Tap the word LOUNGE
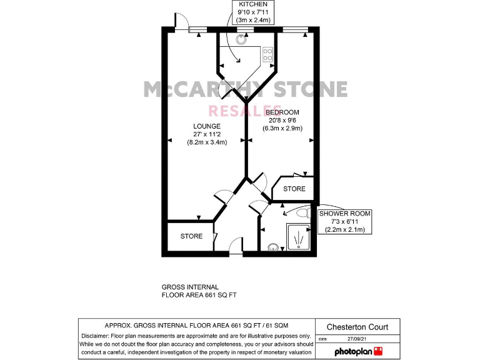(x=206, y=126)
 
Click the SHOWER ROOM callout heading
(x=344, y=214)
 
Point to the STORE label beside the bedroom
(x=294, y=189)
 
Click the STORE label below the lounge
(x=191, y=236)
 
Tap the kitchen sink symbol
(x=241, y=37)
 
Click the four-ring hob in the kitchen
(x=268, y=54)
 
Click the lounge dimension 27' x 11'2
(x=207, y=134)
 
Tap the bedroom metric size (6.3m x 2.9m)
(x=285, y=129)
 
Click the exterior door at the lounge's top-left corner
(x=181, y=21)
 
